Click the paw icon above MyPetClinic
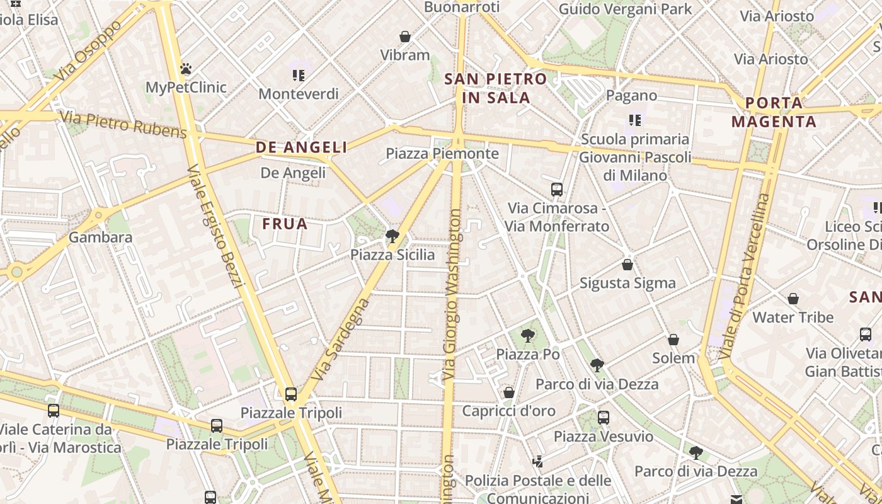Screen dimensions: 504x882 [186, 69]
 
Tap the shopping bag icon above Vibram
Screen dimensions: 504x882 [405, 37]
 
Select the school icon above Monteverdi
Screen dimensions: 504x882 [299, 76]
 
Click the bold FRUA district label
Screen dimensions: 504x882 [285, 224]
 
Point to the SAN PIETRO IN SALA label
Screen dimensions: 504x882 [496, 88]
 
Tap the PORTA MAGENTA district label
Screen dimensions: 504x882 [774, 112]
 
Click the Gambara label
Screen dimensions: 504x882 [101, 238]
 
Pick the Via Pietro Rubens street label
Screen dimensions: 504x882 [123, 124]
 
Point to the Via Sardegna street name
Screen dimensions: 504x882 [341, 340]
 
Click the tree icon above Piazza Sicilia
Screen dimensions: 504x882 [392, 236]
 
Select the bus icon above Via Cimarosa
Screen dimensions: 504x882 [557, 189]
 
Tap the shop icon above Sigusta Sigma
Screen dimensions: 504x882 [627, 265]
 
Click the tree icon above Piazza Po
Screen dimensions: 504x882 [528, 336]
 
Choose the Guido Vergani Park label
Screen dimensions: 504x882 [626, 9]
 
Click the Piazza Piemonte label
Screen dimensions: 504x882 [442, 153]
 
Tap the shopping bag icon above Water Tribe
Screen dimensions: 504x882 [793, 299]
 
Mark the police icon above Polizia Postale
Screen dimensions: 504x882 [537, 462]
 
